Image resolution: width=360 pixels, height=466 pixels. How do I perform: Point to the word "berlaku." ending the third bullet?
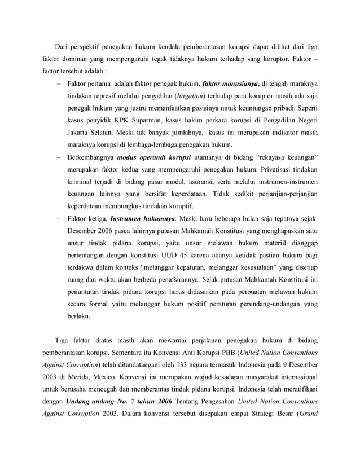tap(80, 317)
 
